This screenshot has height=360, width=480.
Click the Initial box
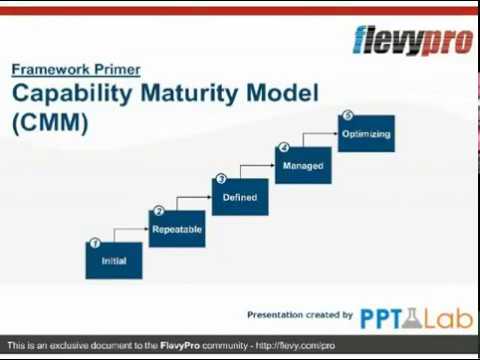click(113, 260)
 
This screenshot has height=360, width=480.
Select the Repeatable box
click(177, 229)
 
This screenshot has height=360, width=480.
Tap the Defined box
click(240, 197)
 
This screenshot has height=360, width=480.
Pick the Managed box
click(303, 165)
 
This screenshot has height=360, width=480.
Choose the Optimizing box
click(366, 133)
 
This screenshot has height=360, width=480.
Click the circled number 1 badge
click(94, 243)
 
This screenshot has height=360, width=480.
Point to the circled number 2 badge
click(157, 211)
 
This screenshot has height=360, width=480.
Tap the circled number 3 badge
click(220, 180)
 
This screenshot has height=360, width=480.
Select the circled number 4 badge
click(283, 148)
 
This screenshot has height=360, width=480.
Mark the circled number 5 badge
click(347, 116)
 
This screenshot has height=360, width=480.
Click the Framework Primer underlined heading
click(76, 70)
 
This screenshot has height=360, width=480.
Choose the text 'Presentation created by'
click(299, 314)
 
